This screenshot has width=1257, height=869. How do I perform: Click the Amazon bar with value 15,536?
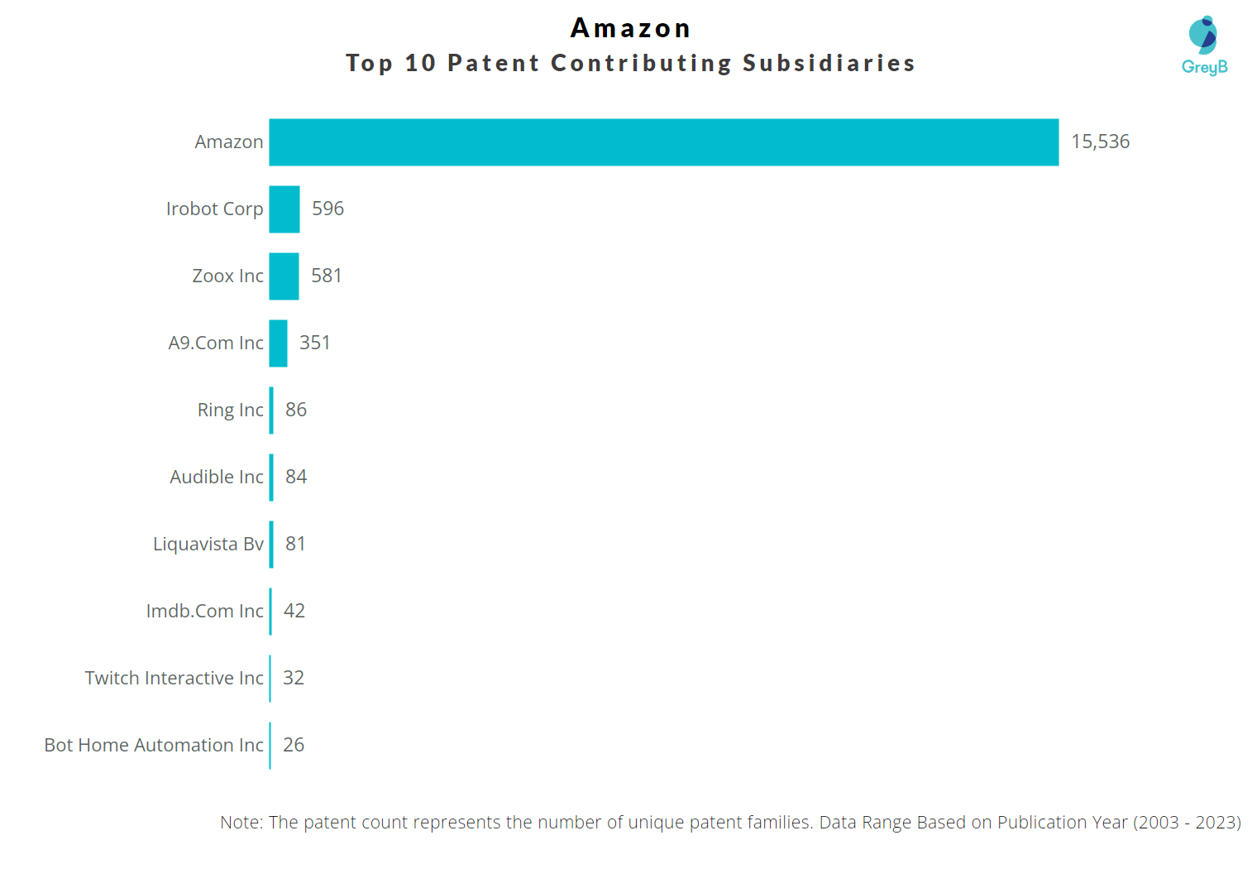tap(663, 142)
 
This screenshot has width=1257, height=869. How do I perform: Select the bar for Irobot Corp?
tap(284, 209)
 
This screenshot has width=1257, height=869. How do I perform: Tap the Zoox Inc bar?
tap(284, 276)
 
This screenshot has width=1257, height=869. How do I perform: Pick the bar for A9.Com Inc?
tap(278, 343)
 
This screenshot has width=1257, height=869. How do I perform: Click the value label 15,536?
tap(1100, 142)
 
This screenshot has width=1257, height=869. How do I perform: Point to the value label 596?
tap(327, 209)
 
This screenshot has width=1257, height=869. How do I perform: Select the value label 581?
tap(326, 276)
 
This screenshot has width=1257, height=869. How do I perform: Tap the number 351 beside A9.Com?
tap(314, 343)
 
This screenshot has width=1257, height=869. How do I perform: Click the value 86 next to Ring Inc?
tap(295, 410)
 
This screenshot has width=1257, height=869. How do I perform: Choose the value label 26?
tap(293, 745)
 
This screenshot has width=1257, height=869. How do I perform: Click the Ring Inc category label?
tap(230, 410)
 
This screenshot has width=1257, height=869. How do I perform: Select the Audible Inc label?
tap(216, 477)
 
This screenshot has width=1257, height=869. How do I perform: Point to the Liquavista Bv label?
tap(208, 544)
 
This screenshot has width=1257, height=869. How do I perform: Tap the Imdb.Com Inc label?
tap(204, 611)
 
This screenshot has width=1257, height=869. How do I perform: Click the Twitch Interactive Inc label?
tap(174, 678)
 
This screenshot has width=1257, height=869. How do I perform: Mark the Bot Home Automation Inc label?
tap(154, 745)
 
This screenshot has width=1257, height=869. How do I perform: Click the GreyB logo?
tap(1204, 46)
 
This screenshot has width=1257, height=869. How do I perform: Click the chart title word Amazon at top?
tap(630, 28)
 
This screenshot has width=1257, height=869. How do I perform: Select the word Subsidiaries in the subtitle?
tap(829, 63)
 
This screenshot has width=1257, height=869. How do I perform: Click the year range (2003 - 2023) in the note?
tap(1187, 822)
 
